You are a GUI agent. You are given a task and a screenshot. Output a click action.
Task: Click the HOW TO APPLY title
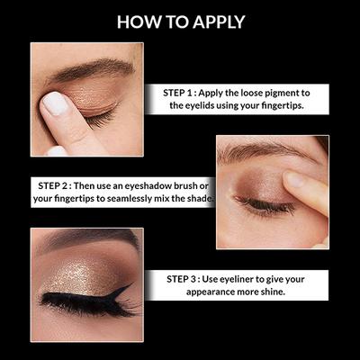(180, 21)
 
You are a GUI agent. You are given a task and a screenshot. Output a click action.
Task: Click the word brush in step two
(193, 184)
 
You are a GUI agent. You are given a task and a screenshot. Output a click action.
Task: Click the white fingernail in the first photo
(56, 104)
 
